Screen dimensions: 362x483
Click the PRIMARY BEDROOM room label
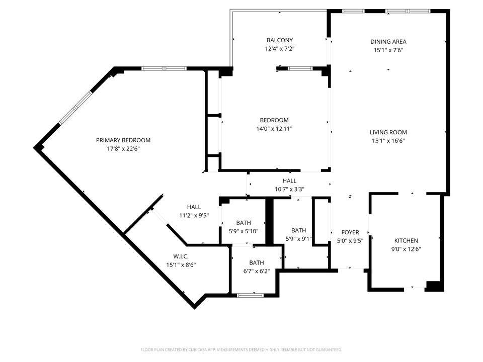point(123,140)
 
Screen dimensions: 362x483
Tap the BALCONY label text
point(279,40)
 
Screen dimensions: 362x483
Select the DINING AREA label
point(388,42)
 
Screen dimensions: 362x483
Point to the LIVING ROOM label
point(388,132)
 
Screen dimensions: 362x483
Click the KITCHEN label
point(406,241)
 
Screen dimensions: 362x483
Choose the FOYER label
point(350,232)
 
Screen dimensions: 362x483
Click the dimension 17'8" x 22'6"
point(123,148)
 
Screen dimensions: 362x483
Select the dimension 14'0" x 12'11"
point(274,129)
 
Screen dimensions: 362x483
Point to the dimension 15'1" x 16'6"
point(388,141)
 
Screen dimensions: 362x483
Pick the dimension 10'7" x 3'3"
point(289,190)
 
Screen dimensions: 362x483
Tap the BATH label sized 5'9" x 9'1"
point(298,230)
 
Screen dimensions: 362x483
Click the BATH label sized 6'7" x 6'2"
point(257,262)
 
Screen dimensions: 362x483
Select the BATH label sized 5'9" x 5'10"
point(244,223)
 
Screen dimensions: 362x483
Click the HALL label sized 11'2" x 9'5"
point(194,207)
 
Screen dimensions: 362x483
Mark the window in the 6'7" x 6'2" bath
point(250,295)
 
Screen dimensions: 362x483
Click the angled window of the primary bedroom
point(75,108)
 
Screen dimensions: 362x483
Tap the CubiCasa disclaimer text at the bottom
point(242,349)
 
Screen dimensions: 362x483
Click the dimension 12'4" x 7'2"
point(279,49)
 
